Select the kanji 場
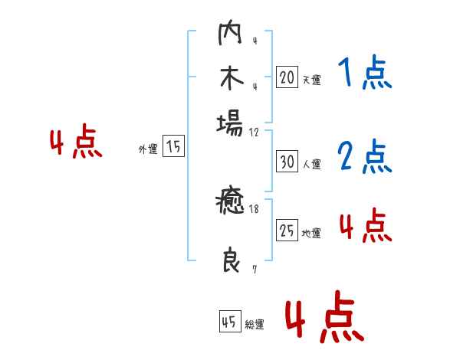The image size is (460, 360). [230, 123]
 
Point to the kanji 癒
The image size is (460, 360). [230, 204]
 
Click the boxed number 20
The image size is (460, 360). [287, 77]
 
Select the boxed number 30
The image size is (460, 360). [287, 162]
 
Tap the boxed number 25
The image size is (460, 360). [287, 231]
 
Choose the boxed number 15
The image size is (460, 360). [174, 147]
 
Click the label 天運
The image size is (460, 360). [311, 80]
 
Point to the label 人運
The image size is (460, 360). [311, 164]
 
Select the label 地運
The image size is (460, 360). [311, 233]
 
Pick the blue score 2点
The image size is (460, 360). [364, 157]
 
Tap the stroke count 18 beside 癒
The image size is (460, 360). [253, 208]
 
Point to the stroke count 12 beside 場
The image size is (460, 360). [254, 132]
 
